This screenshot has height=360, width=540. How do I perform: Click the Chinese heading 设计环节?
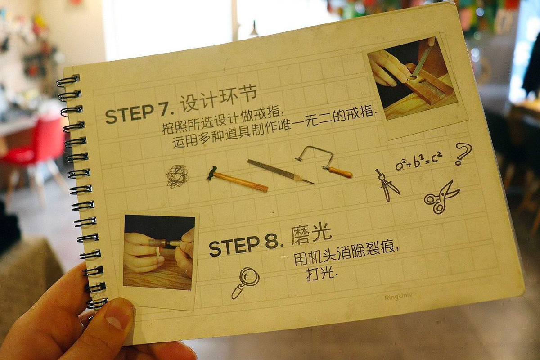[218, 99]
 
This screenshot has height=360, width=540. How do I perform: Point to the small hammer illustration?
[237, 179]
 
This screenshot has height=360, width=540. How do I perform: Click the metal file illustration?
[281, 171]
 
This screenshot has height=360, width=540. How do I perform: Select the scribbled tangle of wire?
[178, 176]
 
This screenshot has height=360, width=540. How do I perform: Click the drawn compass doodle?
[387, 185]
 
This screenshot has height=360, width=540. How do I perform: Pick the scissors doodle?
[441, 198]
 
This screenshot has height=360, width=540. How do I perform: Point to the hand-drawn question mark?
[463, 153]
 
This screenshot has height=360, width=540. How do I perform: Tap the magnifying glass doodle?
[245, 283]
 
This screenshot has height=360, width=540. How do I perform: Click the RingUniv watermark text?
[398, 297]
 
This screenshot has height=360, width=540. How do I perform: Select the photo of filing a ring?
[412, 78]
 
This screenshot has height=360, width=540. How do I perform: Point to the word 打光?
[320, 274]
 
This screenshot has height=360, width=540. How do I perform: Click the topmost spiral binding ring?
[68, 81]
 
